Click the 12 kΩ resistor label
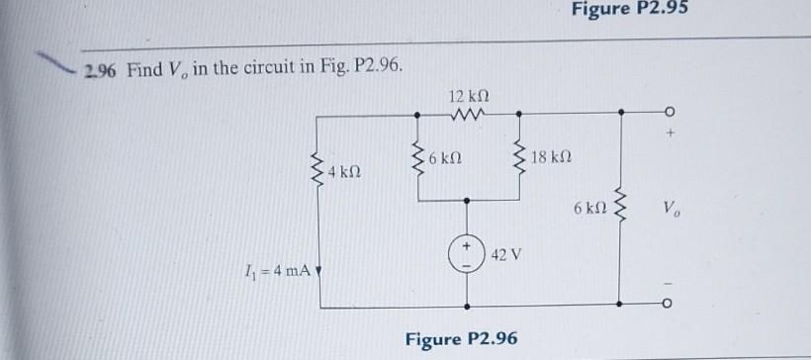point(468,97)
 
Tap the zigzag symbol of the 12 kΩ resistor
point(467,116)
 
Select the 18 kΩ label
point(550,158)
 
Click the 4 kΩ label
point(344,172)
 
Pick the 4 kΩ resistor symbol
point(317,170)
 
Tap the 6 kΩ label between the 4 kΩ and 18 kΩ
point(447,158)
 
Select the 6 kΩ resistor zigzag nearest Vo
point(620,209)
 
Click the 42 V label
point(503,254)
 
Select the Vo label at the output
point(673,211)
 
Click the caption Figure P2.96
point(462,338)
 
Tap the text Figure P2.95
point(630,10)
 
